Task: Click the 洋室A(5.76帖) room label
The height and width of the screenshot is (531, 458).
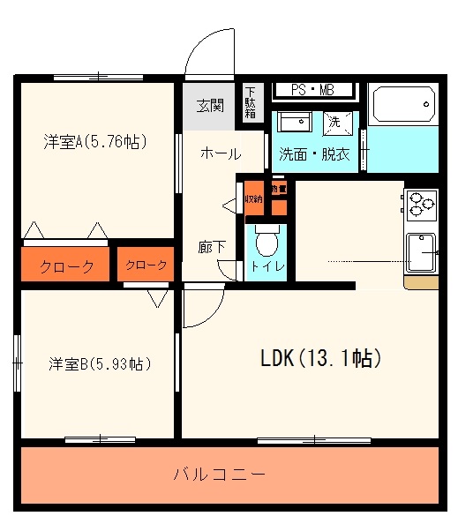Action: point(94,140)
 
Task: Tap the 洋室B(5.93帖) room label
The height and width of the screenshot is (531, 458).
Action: point(98,363)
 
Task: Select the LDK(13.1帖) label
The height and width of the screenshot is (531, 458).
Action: point(319,358)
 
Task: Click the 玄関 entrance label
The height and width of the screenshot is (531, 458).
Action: point(209,106)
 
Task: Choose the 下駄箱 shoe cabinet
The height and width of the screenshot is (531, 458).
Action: point(251,101)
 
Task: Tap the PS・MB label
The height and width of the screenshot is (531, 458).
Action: point(313,89)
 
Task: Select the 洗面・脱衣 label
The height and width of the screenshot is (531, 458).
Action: point(314,153)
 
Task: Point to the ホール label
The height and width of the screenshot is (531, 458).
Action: point(221,153)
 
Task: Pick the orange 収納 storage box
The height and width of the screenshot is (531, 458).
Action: point(254,199)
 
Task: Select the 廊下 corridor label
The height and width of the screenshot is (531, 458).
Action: point(212,248)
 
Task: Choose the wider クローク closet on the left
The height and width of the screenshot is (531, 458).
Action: point(66,266)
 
